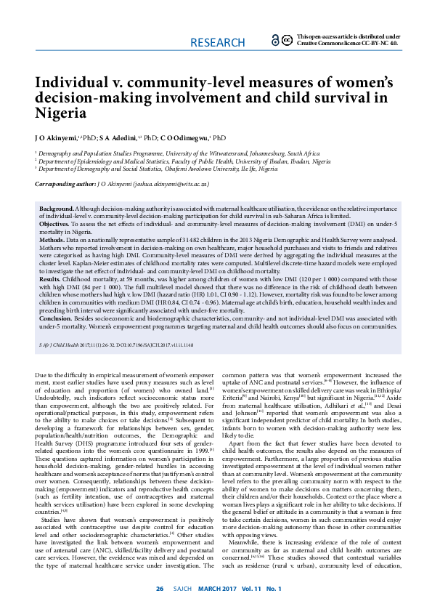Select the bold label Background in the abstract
coord(57,209)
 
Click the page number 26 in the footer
coord(160,588)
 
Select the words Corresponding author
coord(65,185)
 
